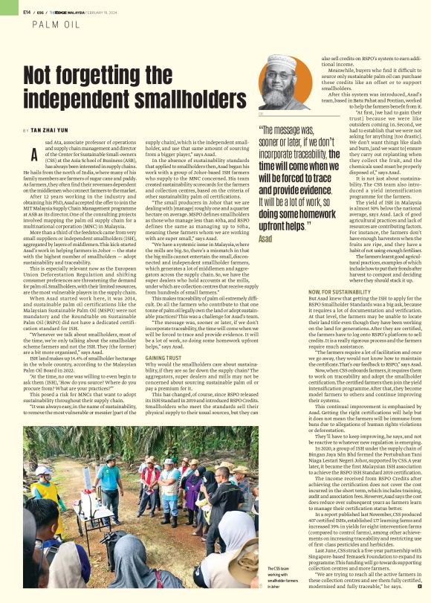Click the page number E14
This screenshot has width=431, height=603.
click(26, 11)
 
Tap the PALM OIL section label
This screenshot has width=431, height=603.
click(57, 25)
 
